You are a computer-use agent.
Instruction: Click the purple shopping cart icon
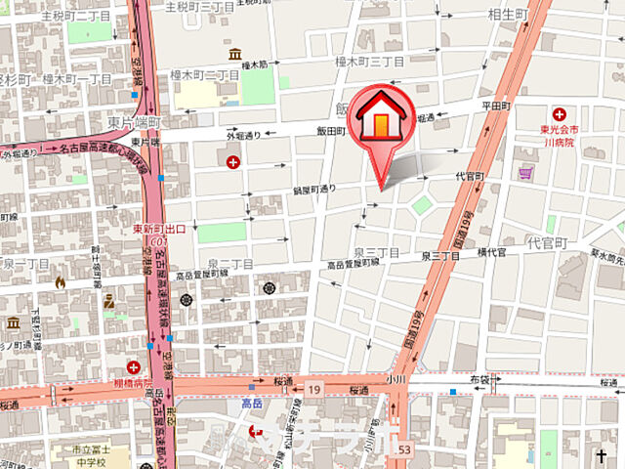coord(525,174)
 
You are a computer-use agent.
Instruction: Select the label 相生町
coord(508,15)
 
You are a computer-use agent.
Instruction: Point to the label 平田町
coord(496,106)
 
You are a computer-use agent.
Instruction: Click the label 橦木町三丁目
coord(370,61)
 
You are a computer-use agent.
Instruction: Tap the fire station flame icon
coord(61,281)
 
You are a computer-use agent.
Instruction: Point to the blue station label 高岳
coord(253,403)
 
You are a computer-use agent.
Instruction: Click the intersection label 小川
coord(395,377)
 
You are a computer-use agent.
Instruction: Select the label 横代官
coord(489,253)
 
